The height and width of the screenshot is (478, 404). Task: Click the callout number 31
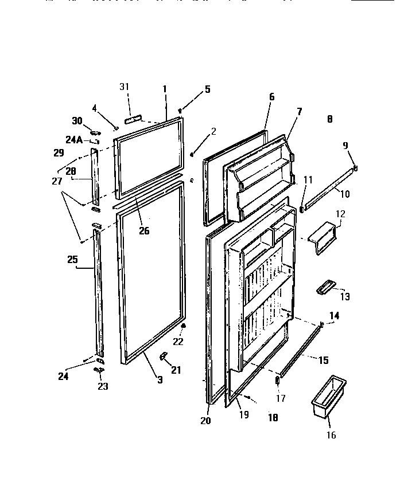tap(124, 87)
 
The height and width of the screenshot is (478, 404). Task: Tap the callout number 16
tap(331, 435)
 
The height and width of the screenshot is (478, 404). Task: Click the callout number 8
tap(329, 119)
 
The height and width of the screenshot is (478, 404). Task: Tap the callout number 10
tap(344, 194)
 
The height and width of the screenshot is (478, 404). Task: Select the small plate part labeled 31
tap(134, 117)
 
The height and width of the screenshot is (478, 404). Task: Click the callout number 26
tap(143, 231)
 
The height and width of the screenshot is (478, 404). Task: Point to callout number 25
tap(72, 260)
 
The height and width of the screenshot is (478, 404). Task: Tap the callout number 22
tap(178, 342)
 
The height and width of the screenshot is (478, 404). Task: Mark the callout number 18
tap(273, 418)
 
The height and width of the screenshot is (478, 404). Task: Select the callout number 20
tap(206, 421)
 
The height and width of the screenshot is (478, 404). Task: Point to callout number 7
tap(299, 111)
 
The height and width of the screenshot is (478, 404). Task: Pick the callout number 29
tap(58, 152)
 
